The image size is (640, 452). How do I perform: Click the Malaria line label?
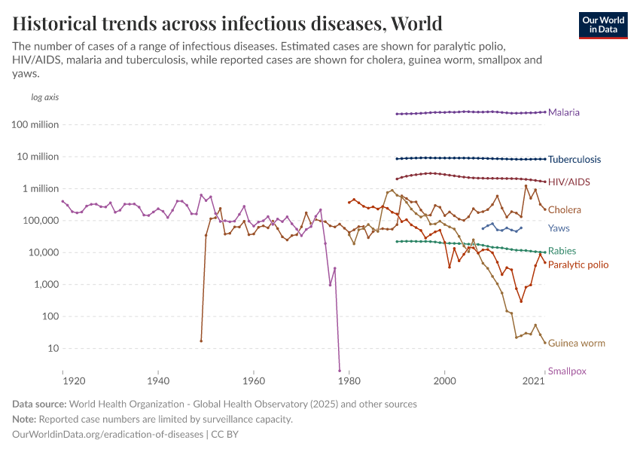563,112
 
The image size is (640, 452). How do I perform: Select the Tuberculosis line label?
574,159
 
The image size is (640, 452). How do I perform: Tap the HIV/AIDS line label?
568,182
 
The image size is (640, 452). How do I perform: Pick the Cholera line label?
564,209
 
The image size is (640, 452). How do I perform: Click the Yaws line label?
559,228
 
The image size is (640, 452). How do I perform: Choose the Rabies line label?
562,251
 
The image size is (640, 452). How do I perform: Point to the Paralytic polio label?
578,264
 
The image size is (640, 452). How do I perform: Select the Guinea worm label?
576,343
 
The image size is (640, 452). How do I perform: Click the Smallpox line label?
567,371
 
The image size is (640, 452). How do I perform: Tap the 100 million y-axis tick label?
35,124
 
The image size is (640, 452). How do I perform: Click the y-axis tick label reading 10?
53,348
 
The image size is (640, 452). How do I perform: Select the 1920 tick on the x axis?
62,382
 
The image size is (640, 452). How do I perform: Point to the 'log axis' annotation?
44,97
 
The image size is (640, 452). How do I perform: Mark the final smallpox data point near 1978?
340,370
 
